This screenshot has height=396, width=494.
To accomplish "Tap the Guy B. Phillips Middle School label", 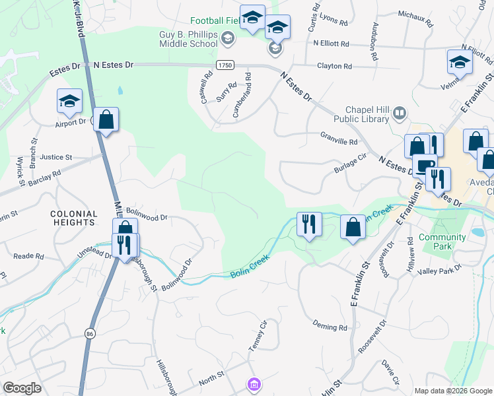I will (188, 39).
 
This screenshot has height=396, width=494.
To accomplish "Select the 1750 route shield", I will (225, 65).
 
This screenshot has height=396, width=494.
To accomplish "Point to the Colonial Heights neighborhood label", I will (73, 218).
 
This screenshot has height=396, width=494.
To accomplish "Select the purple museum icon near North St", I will (254, 383).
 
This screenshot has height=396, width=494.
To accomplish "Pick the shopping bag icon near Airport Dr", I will (106, 120).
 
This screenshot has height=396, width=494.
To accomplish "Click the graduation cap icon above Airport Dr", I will (69, 101).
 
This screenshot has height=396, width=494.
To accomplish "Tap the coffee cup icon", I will (424, 166).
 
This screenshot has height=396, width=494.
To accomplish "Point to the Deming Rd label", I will (330, 327).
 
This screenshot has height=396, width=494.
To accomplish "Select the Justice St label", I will (55, 157).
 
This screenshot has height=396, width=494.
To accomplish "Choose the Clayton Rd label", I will (334, 66).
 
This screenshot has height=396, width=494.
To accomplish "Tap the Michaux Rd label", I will (415, 18).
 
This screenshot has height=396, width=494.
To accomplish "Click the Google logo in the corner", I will (22, 388).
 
